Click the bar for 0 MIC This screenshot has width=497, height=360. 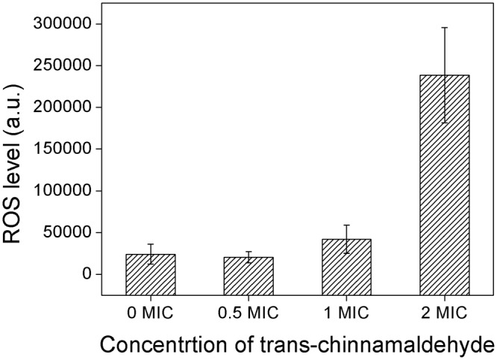(x=151, y=275)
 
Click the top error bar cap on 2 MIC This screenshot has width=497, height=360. (x=445, y=28)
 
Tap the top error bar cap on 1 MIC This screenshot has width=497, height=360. (x=346, y=225)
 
